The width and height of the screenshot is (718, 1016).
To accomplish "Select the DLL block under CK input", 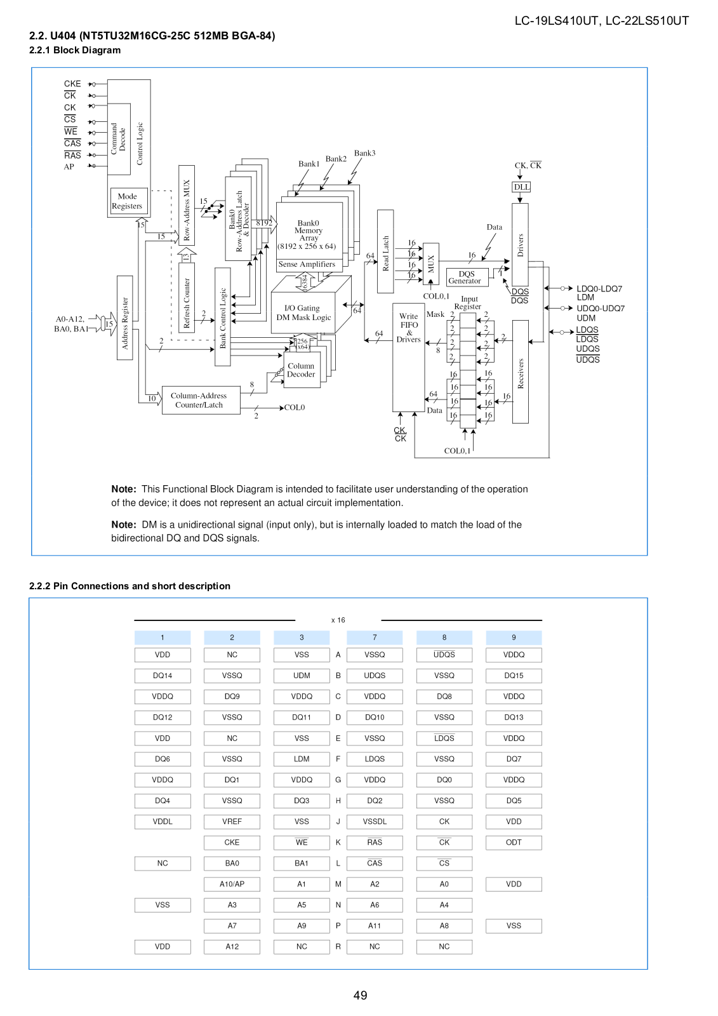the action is pyautogui.click(x=521, y=187).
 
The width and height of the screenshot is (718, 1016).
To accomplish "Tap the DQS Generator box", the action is pyautogui.click(x=467, y=277).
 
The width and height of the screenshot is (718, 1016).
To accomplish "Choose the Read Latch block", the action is pyautogui.click(x=385, y=251).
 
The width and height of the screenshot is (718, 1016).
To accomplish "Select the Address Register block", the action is pyautogui.click(x=124, y=317).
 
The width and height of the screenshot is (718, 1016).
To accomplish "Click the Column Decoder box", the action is pyautogui.click(x=302, y=370).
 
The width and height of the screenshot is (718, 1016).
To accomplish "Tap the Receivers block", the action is pyautogui.click(x=520, y=372).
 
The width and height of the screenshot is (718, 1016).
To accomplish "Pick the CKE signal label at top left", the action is pyautogui.click(x=72, y=84).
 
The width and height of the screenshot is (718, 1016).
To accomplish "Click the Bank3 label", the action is pyautogui.click(x=364, y=153).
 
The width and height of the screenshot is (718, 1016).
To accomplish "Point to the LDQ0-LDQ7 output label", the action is pyautogui.click(x=599, y=288).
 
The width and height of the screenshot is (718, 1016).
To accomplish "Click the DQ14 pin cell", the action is pyautogui.click(x=163, y=676).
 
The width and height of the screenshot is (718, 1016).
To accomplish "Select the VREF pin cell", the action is pyautogui.click(x=232, y=822).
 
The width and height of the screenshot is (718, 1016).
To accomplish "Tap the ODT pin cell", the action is pyautogui.click(x=514, y=842).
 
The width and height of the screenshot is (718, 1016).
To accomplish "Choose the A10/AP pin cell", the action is pyautogui.click(x=232, y=884).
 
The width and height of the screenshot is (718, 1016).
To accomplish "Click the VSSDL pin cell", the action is pyautogui.click(x=375, y=822).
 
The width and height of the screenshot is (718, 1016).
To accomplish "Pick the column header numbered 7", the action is pyautogui.click(x=375, y=638).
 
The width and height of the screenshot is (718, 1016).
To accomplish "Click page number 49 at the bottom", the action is pyautogui.click(x=360, y=995).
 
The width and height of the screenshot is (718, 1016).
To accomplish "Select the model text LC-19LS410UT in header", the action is pyautogui.click(x=555, y=21).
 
